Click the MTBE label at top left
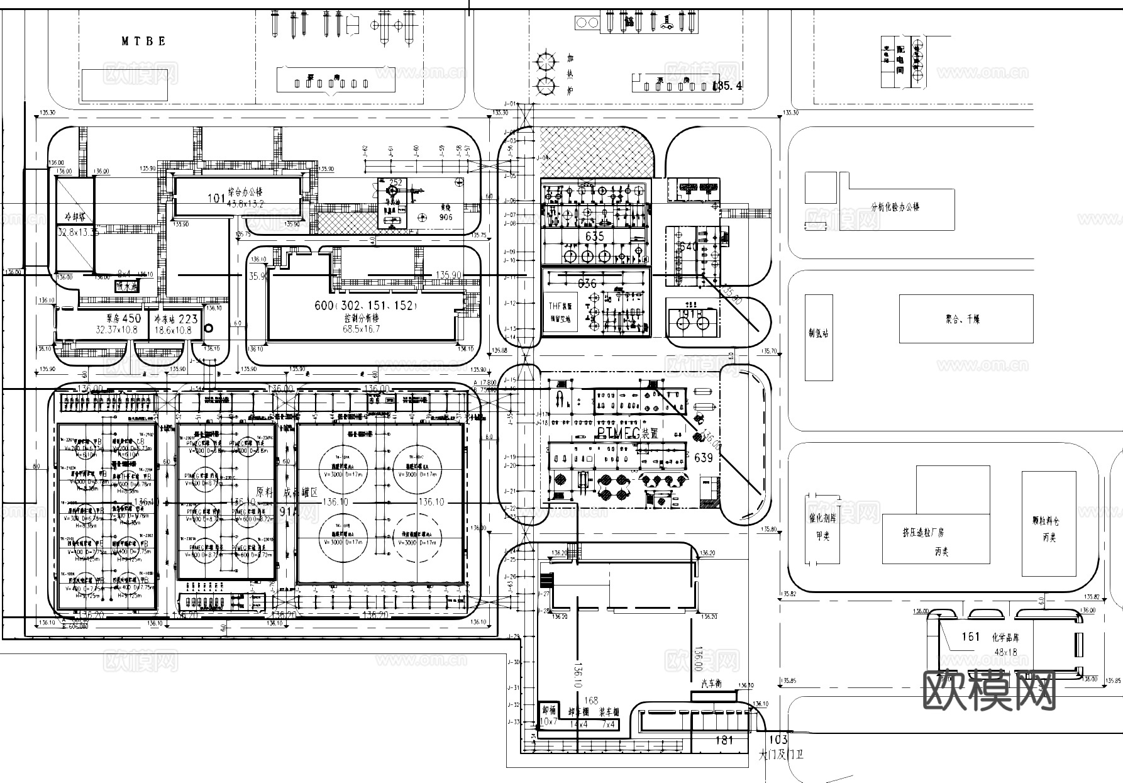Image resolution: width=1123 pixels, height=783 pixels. pos(144,42)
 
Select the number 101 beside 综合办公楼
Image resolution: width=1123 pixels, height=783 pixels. pos(216,199)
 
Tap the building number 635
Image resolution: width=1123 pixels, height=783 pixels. pos(594,236)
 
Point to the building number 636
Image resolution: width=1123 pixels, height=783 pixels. pos(586,284)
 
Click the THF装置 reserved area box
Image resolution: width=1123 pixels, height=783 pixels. pos(560,313)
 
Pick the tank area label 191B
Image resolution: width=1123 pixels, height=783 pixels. pos(690,314)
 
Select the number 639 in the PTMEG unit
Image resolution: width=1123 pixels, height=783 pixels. pos(703,458)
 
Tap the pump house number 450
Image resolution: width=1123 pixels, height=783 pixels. pos(131,318)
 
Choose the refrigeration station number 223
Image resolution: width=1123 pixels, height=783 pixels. pos(188,319)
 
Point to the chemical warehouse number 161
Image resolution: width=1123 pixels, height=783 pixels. pos(970,636)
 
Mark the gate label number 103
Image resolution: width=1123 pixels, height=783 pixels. pos(778,740)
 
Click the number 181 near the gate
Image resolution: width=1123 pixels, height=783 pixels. pos(724,740)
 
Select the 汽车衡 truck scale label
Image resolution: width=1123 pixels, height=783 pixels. pos(711,684)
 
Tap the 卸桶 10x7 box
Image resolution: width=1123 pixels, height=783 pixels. pos(549,716)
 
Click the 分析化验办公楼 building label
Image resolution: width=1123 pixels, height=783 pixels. pos(895,206)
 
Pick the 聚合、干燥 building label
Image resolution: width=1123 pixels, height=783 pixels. pos(963,319)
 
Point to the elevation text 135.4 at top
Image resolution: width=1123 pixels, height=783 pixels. pos(727,86)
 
